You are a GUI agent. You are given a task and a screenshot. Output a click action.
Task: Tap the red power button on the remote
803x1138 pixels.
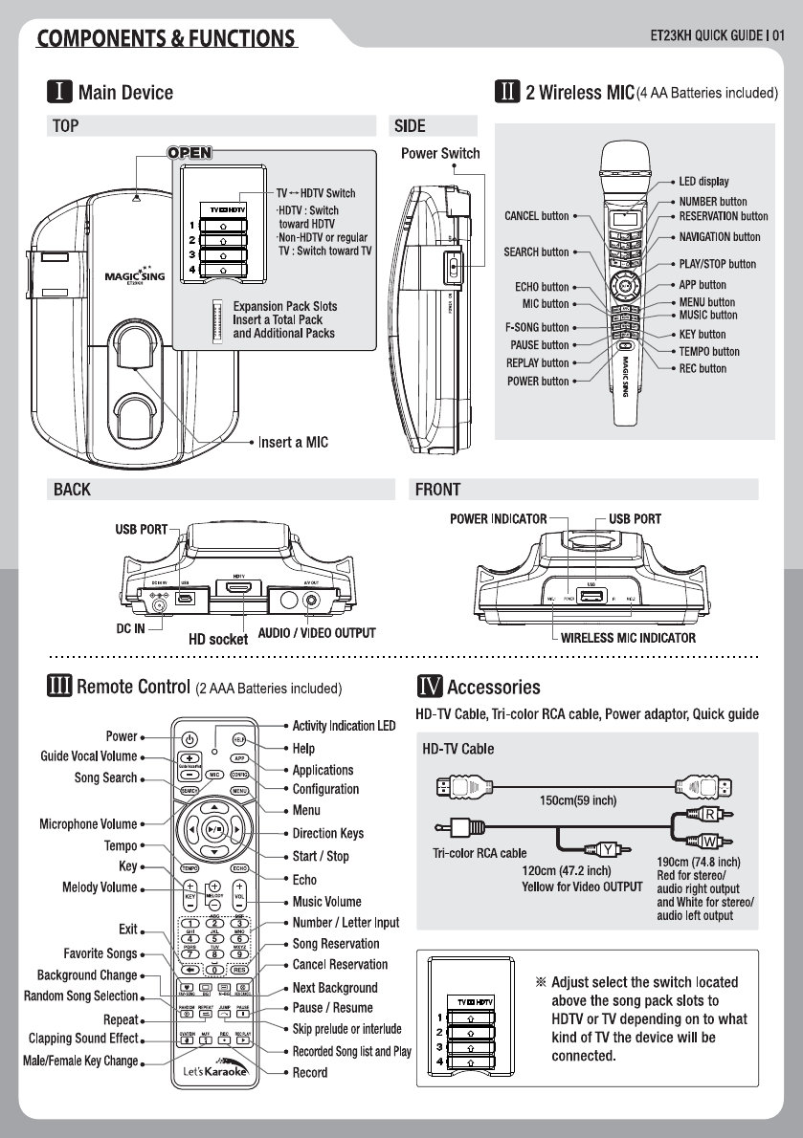pos(190,738)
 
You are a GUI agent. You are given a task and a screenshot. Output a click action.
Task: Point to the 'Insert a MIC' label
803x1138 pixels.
pos(293,443)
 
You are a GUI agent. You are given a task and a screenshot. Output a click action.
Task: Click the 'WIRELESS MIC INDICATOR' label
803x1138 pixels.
pos(628,638)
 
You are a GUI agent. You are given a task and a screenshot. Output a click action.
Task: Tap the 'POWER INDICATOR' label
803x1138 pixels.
pos(499,518)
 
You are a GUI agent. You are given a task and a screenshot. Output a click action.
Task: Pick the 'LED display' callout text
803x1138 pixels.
pos(703,181)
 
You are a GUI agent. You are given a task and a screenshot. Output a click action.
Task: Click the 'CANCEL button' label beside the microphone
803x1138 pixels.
pos(536,216)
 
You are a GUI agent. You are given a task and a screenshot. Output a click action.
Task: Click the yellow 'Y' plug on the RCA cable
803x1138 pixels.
pos(609,846)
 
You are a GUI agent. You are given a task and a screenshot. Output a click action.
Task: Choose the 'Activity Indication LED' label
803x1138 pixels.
pos(344,727)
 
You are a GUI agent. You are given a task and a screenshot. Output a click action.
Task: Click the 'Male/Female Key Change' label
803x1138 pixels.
pos(80,1061)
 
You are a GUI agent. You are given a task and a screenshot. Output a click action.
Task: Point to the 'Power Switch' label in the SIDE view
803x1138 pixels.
pos(440,153)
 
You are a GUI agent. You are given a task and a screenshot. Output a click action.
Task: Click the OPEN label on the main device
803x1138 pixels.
pos(189,152)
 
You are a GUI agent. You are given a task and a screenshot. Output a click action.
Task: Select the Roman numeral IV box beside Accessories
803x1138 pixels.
pos(429,687)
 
